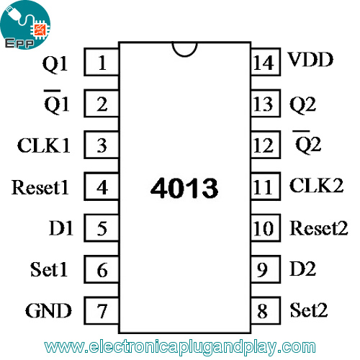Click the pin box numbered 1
[102, 62]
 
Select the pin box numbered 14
[266, 62]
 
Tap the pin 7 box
[102, 311]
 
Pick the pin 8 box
[266, 311]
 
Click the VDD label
[310, 59]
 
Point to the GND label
[48, 310]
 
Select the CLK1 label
[43, 145]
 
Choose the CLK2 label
[316, 185]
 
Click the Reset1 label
[40, 187]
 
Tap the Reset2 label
[319, 228]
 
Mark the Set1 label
[49, 269]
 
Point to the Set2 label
[309, 310]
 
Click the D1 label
[61, 228]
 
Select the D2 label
[302, 269]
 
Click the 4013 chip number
[184, 188]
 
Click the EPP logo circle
[25, 25]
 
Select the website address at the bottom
[180, 347]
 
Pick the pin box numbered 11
[266, 186]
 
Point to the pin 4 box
[102, 186]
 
